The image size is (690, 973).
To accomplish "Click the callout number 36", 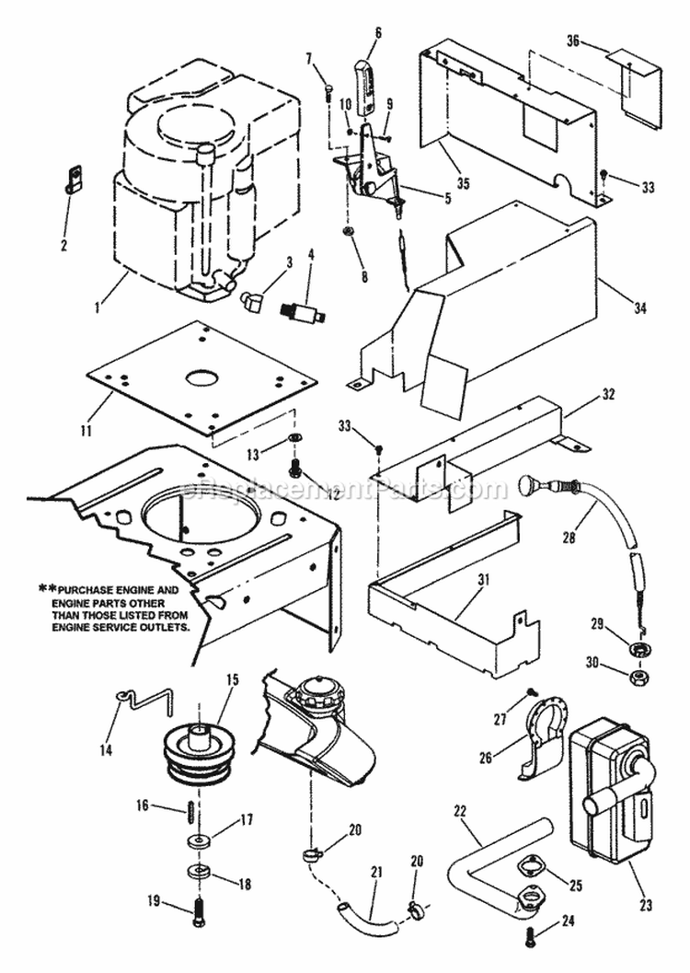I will [572, 42].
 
